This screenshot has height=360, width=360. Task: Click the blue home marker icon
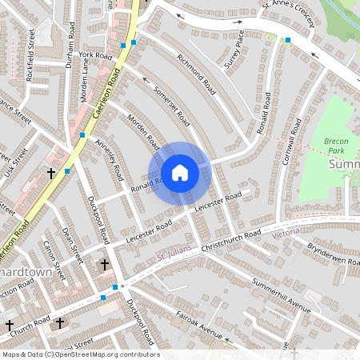pos(180,173)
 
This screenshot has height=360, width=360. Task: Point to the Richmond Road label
pos(195,73)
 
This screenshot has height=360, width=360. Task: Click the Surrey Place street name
pos(234,50)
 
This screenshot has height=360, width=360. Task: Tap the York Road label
pos(95,55)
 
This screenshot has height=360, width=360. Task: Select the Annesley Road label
pos(109,158)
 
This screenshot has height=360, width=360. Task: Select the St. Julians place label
pos(170,256)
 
